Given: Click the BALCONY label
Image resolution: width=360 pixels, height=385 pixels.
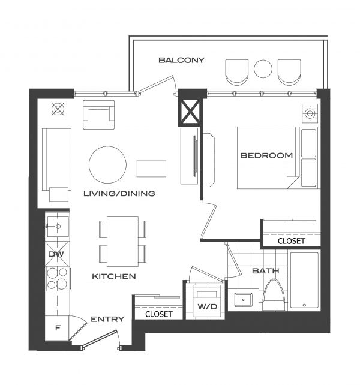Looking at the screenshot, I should point(181,60).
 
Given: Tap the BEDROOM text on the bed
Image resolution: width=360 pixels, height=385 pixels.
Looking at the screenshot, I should point(266,155).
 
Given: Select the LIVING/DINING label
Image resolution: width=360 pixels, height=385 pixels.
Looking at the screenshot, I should point(119,194).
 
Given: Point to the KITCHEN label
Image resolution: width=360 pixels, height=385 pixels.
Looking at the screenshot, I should point(113,276).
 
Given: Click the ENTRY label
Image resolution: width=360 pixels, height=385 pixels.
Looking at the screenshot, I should point(107,319).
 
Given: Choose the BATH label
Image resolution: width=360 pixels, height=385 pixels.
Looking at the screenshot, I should point(266,271).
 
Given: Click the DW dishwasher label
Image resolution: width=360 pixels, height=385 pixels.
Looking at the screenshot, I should point(55,254).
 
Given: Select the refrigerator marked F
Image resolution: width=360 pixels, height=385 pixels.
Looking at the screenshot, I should point(58,329).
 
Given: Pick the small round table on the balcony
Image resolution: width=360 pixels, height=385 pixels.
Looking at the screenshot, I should point(263,68).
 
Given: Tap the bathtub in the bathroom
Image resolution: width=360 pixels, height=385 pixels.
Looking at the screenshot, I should point(304,281).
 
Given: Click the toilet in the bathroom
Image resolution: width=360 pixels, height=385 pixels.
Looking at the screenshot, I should point(273,296).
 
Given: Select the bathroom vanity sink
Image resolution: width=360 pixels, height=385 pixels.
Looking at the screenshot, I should point(245,298).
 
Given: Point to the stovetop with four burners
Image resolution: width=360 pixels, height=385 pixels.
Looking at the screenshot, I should point(58,279).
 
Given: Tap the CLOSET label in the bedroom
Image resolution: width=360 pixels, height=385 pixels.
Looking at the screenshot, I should point(291,241).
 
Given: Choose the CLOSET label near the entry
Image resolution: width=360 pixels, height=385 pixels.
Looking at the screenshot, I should point(158,314).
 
